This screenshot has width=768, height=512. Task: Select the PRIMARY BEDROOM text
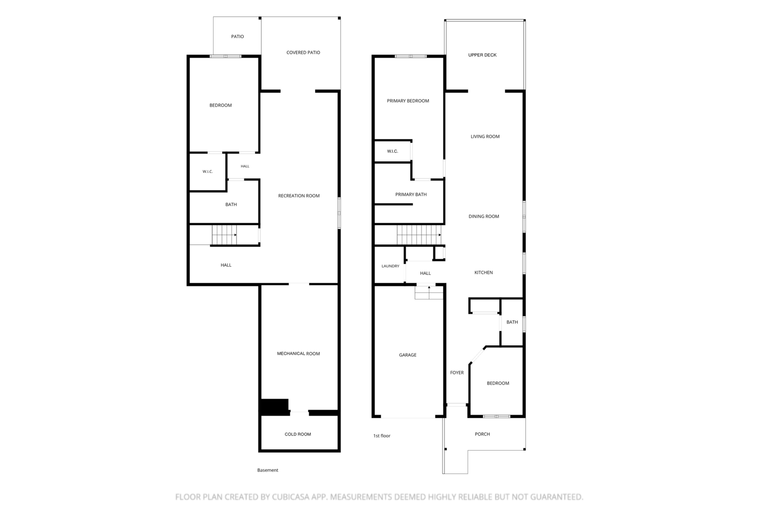(x=408, y=101)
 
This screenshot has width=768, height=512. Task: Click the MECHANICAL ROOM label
(x=298, y=354)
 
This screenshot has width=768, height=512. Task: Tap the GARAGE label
(x=408, y=355)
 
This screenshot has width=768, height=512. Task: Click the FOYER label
(x=457, y=373)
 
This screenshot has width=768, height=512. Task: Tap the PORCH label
(x=482, y=434)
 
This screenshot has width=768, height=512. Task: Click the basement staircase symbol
(x=224, y=235)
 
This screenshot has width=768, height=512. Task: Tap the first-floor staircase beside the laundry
(x=419, y=235)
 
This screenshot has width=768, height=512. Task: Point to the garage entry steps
(x=429, y=293)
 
